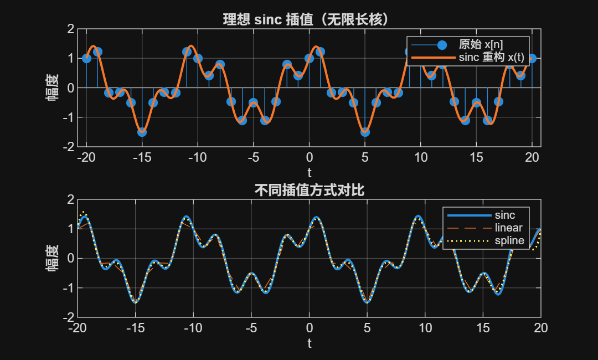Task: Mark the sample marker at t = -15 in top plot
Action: coord(142,132)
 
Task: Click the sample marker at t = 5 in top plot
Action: coord(365,132)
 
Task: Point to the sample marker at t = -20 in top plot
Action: coord(86,58)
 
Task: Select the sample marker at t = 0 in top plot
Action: coord(309,58)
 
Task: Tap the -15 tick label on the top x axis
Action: coord(142,157)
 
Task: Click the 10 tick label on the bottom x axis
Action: coord(425,328)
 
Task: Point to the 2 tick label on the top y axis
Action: coord(70,29)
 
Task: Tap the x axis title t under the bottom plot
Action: coord(309,343)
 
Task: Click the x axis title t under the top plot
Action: coord(309,172)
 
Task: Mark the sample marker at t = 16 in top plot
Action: coord(487,120)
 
